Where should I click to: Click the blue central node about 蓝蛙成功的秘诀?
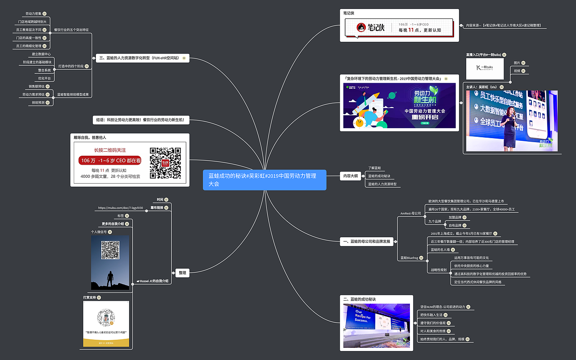click(x=264, y=180)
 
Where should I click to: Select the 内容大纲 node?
click(x=351, y=176)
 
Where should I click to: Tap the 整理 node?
click(x=182, y=273)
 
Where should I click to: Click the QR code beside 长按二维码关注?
click(x=165, y=163)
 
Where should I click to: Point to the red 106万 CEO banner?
click(x=110, y=161)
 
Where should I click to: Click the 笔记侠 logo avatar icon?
click(x=361, y=28)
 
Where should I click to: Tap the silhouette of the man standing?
click(x=110, y=279)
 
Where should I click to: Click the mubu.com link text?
click(x=120, y=208)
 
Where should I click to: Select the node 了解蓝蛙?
click(x=374, y=167)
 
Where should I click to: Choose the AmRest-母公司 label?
click(x=410, y=213)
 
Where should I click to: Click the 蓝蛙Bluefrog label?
click(x=409, y=258)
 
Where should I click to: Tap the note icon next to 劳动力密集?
click(x=44, y=14)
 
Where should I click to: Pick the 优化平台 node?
click(x=44, y=78)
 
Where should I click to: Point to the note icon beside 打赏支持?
click(x=99, y=297)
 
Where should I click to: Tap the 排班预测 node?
click(x=38, y=103)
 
